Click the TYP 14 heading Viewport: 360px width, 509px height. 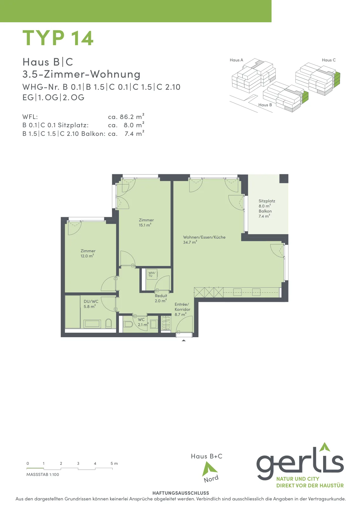(x=58, y=38)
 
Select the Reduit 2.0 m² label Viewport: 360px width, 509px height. (x=161, y=298)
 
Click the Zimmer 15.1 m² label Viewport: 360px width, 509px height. (x=146, y=222)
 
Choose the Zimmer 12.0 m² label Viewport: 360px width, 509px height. (x=88, y=253)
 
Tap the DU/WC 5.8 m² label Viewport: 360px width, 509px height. (x=91, y=304)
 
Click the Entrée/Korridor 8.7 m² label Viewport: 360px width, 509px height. (x=182, y=309)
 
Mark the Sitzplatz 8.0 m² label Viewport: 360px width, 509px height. (x=267, y=203)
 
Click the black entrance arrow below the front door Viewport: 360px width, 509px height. (x=184, y=340)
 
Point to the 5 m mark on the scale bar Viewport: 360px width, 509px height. (x=114, y=463)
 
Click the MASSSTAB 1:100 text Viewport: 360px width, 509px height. (x=43, y=474)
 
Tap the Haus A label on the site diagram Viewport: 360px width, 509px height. (x=236, y=60)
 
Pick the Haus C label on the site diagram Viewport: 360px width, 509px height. (x=329, y=60)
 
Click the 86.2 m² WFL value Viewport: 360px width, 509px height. (x=132, y=116)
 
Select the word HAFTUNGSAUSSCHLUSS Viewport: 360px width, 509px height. (x=181, y=493)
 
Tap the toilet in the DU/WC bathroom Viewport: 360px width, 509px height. (x=108, y=323)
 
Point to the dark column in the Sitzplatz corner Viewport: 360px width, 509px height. (x=284, y=178)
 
